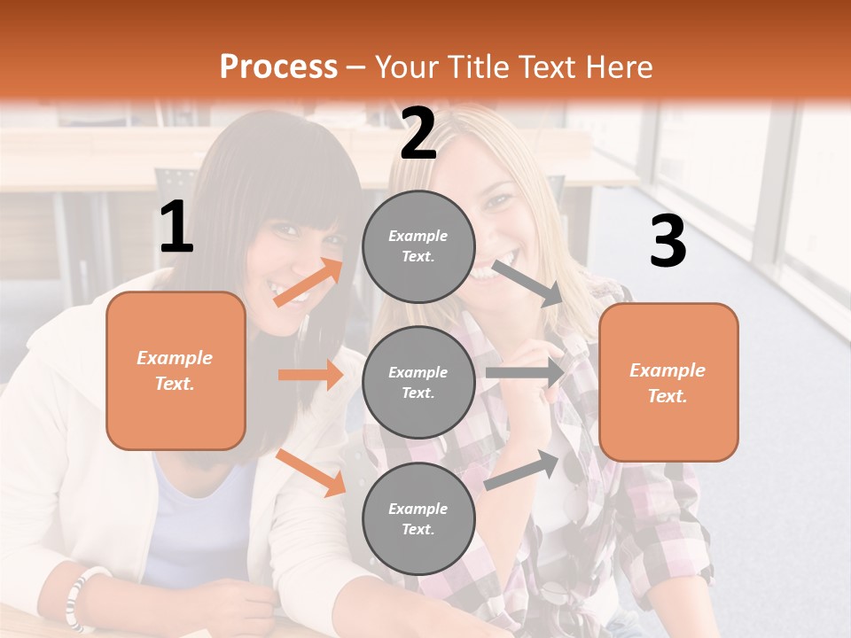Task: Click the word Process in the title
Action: point(278,67)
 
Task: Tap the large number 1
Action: point(176,228)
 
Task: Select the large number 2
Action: point(418,134)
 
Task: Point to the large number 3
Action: point(668,242)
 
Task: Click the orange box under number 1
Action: point(176,370)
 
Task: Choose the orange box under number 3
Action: point(668,382)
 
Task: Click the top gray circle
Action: point(418,246)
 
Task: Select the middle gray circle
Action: point(418,382)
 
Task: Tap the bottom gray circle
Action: point(418,518)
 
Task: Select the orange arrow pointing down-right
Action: point(310,472)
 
